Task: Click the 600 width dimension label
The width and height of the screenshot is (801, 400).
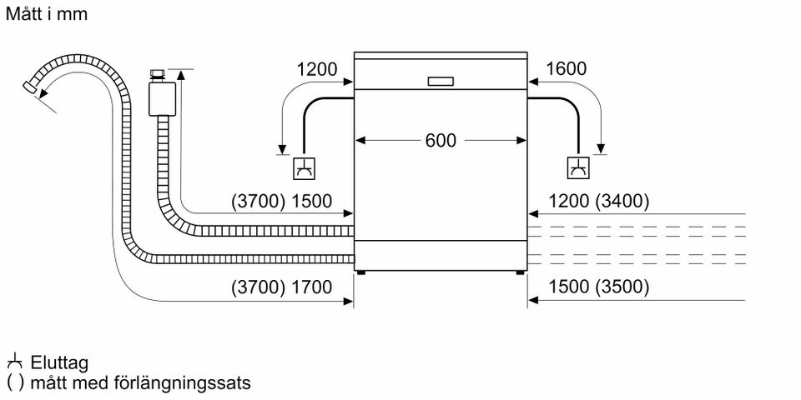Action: (441, 141)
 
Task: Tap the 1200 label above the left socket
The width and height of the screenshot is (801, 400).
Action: (317, 69)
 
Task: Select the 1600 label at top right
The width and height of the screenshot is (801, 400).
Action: (566, 69)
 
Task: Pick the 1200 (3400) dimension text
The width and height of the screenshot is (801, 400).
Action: (597, 201)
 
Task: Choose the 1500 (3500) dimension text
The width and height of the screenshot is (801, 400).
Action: (597, 287)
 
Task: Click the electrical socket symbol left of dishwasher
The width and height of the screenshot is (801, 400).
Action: (303, 168)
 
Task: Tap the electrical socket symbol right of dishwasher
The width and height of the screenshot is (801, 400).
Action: (577, 168)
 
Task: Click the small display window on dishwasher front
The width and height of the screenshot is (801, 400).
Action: (441, 82)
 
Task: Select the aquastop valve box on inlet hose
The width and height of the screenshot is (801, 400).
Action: (161, 97)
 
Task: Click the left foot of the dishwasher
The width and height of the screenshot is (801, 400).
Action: (360, 271)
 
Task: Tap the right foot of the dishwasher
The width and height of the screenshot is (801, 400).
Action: (521, 271)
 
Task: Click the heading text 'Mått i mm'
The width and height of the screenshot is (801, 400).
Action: (46, 14)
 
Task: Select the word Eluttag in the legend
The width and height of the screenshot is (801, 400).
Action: (58, 363)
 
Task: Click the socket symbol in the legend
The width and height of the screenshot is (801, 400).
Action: (13, 362)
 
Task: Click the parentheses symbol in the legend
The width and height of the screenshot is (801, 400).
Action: (14, 383)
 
